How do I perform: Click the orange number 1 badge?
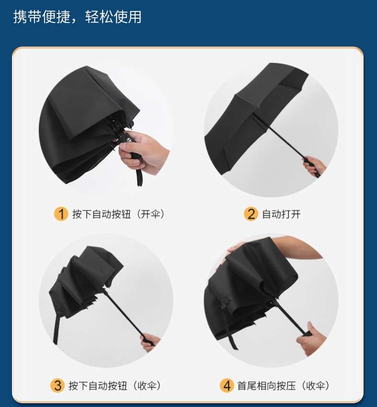coord(61,214)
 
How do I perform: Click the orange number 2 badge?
coord(251,214)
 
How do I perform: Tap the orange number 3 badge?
coord(57,385)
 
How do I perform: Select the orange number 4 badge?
coord(227,385)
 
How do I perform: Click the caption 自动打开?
coord(281,214)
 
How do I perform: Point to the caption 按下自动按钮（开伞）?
coord(118,214)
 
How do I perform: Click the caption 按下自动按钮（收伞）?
coord(114,386)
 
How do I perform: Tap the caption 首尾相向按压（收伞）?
coord(283,386)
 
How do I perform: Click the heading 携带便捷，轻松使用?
coord(77,17)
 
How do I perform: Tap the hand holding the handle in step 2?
coord(314,166)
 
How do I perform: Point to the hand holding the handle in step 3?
coord(150,342)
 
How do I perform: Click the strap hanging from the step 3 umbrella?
coord(57,328)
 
